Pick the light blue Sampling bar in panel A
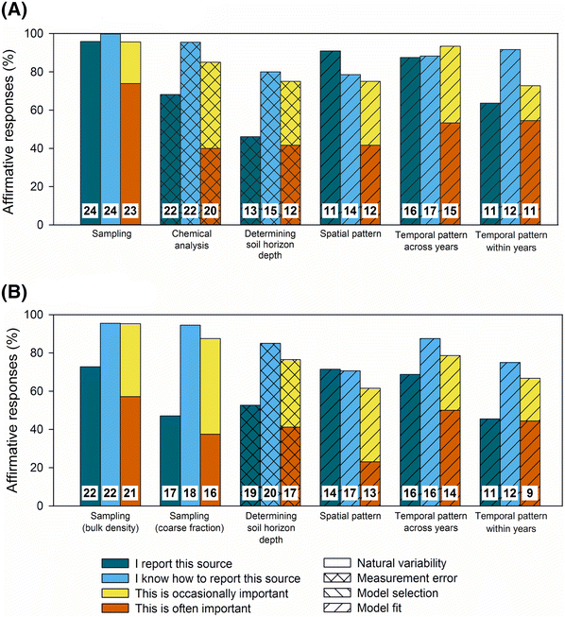[111, 113]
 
